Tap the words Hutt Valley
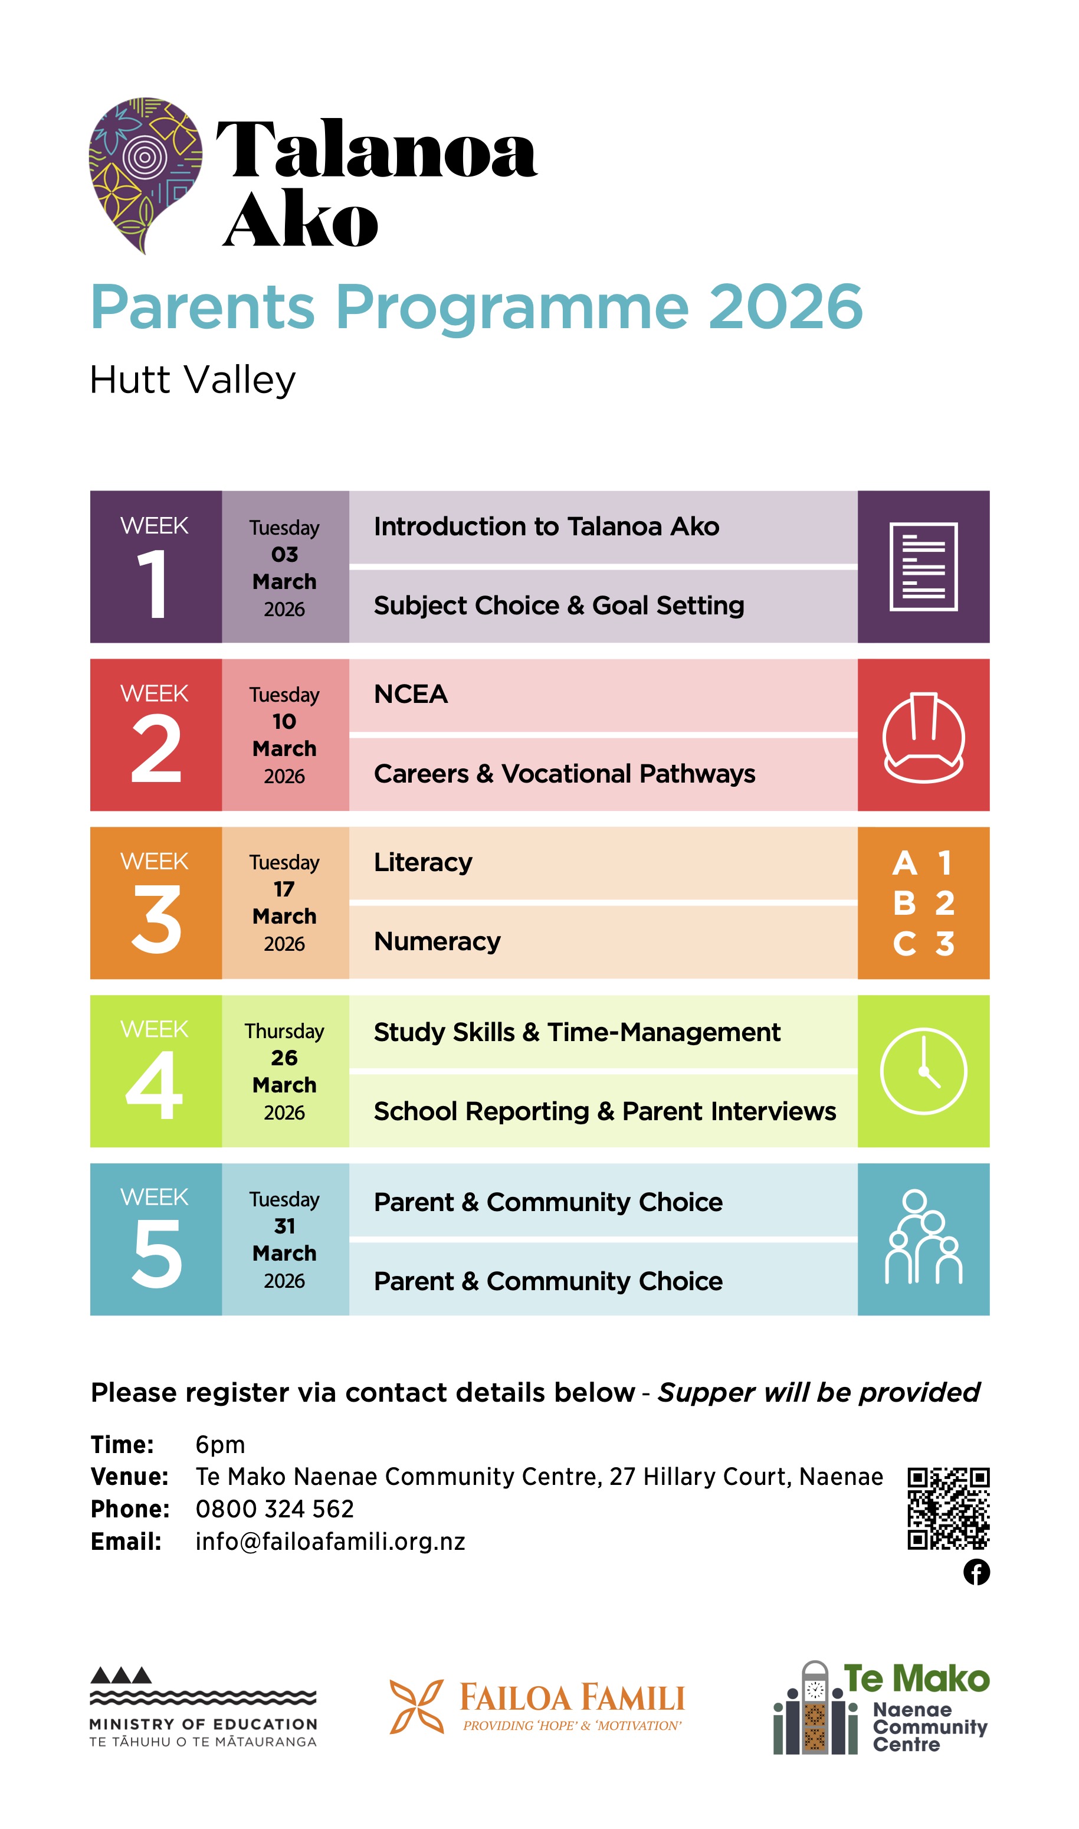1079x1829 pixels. click(x=193, y=379)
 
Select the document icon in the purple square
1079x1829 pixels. click(x=923, y=567)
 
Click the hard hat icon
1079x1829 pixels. click(x=923, y=736)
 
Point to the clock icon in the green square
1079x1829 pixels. click(x=923, y=1071)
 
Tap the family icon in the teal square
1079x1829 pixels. click(x=923, y=1238)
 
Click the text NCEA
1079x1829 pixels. click(x=411, y=695)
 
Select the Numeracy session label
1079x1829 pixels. click(x=437, y=942)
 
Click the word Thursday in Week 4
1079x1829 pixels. click(x=284, y=1031)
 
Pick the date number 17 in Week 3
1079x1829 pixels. click(x=284, y=889)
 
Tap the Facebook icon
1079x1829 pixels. click(x=976, y=1572)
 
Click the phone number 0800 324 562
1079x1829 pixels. click(x=275, y=1509)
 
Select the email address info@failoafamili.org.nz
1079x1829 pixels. click(x=330, y=1542)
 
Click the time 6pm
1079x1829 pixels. click(x=220, y=1444)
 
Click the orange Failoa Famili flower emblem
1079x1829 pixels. click(x=416, y=1706)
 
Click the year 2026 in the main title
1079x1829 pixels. click(x=785, y=307)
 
